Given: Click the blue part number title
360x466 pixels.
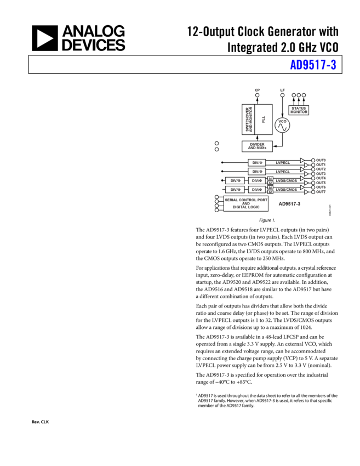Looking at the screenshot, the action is pos(313,65).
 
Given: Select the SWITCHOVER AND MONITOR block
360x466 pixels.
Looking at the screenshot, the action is pos(249,119).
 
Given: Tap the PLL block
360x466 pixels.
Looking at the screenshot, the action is pos(264,119).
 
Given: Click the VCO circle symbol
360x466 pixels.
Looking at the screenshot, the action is pos(282,126).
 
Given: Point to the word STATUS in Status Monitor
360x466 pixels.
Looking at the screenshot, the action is pos(299,108).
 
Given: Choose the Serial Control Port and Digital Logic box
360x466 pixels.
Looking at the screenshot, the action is pos(245,203).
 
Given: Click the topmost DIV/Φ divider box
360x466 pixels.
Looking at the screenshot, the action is pos(257,163).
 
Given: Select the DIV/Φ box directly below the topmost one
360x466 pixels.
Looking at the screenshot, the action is pos(257,172).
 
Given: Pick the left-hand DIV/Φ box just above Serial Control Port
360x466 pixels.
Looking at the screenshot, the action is pos(235,190).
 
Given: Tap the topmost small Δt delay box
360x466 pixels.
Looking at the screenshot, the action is pos(270,179).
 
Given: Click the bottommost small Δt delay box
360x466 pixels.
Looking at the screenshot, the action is pos(270,192).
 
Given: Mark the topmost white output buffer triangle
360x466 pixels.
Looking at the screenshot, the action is pos(302,161).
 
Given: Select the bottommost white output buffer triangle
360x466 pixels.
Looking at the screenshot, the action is pos(306,192).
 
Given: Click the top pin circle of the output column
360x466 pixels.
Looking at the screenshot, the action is pos(313,161).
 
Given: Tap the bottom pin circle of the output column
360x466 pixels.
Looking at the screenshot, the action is pos(313,192).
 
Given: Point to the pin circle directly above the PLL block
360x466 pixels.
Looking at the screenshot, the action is pos(258,95).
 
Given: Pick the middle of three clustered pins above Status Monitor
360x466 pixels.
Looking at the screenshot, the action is pos(299,95).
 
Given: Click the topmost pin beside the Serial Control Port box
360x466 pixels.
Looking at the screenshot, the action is pos(216,197).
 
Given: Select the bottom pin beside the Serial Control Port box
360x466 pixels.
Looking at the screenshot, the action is pos(216,210).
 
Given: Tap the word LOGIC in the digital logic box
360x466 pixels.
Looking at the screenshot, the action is pos(254,207).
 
